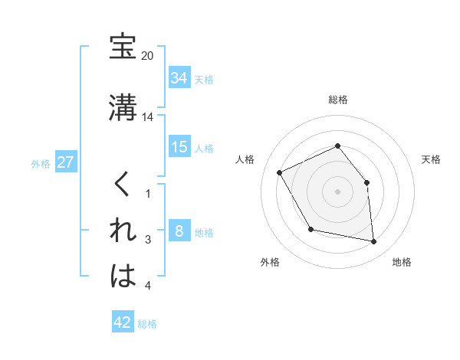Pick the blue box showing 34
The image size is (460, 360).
(x=179, y=77)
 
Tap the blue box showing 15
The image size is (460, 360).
(x=179, y=147)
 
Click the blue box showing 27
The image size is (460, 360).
(x=66, y=163)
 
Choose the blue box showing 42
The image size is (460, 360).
(x=123, y=322)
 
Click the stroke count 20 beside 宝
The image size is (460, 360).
(x=147, y=56)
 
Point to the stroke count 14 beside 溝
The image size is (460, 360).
(x=147, y=117)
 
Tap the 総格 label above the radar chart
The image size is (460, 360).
(x=338, y=100)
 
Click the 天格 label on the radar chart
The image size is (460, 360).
(x=431, y=159)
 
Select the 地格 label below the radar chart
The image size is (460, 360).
(x=402, y=262)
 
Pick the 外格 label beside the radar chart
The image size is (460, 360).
(x=270, y=262)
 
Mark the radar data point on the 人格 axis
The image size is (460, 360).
(x=280, y=173)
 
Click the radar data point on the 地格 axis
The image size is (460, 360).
(x=374, y=242)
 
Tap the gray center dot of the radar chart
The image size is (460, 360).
(x=337, y=191)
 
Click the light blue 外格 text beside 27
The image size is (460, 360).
(x=41, y=164)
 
